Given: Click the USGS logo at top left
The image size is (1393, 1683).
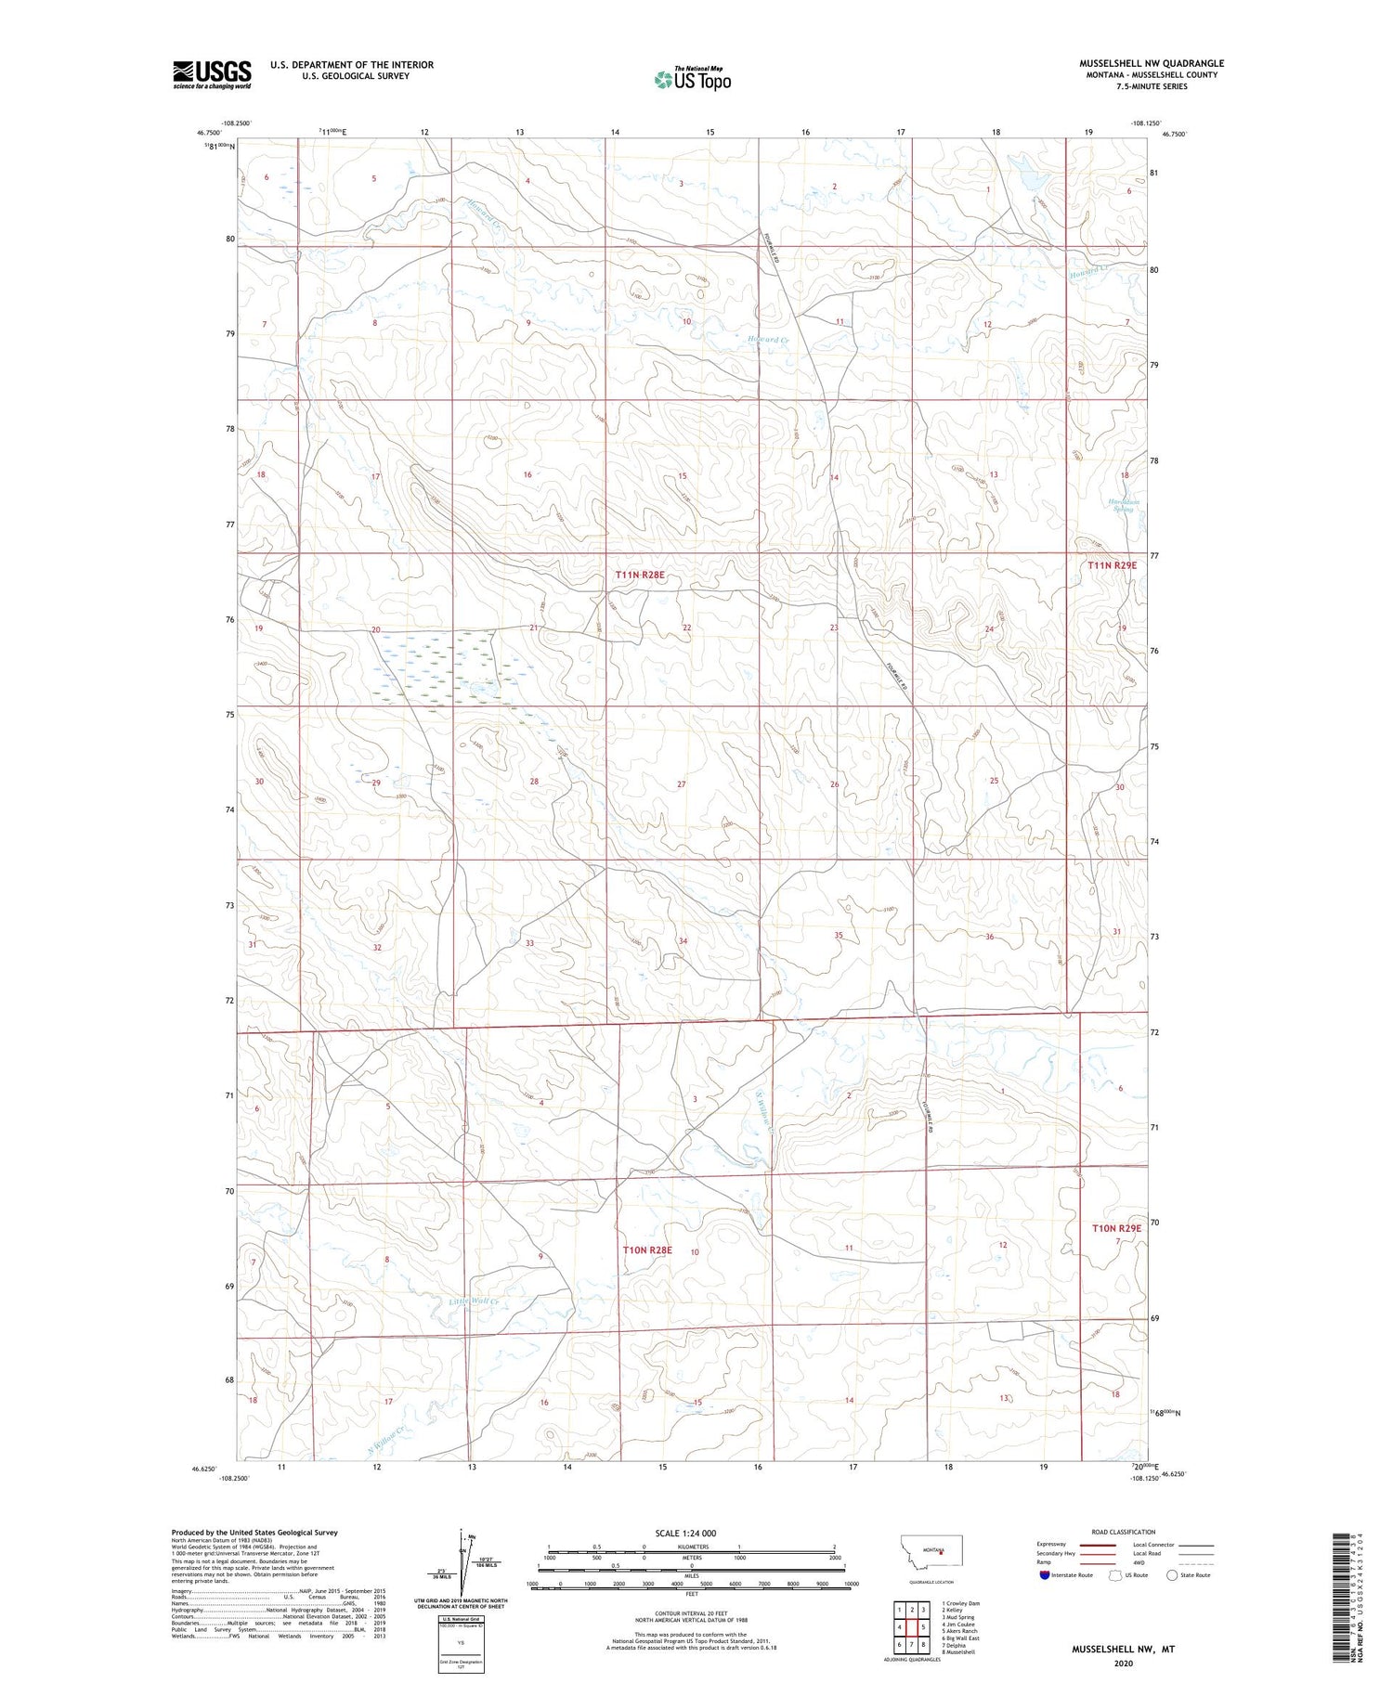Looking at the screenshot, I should pyautogui.click(x=212, y=74).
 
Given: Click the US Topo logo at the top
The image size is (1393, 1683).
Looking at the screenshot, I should pyautogui.click(x=693, y=80).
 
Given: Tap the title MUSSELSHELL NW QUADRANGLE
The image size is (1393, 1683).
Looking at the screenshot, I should pyautogui.click(x=1151, y=63).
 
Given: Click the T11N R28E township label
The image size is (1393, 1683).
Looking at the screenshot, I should pyautogui.click(x=640, y=576).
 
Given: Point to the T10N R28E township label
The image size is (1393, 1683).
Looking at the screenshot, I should pyautogui.click(x=646, y=1250).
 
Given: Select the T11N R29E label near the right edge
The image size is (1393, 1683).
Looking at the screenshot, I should pyautogui.click(x=1112, y=564).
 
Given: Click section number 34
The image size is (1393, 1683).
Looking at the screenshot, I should pyautogui.click(x=683, y=941).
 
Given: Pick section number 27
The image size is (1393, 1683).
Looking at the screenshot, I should pyautogui.click(x=681, y=784).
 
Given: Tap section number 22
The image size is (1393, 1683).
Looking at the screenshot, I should pyautogui.click(x=686, y=628).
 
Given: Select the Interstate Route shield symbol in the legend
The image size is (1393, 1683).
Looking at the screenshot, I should pyautogui.click(x=1045, y=1575).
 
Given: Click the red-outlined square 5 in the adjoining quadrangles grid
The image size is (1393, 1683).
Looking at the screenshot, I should pyautogui.click(x=923, y=1627).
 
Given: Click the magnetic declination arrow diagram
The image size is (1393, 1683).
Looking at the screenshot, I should pyautogui.click(x=461, y=1564).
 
